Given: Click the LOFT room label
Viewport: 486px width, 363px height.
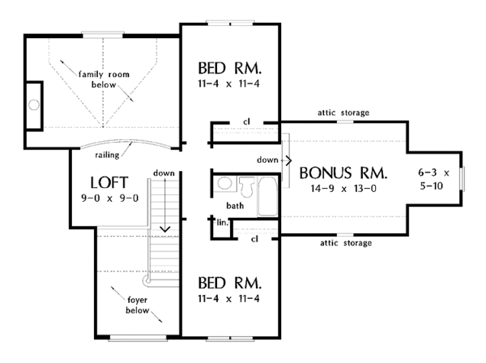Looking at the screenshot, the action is point(109,182).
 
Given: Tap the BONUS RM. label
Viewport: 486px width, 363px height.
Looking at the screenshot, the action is point(343,173).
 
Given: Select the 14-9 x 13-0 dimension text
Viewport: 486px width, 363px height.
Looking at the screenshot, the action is point(343,189).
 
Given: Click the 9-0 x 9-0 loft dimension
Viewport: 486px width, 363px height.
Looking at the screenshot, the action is point(109,198).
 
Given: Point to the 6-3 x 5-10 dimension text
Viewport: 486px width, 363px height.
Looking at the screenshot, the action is point(433,179).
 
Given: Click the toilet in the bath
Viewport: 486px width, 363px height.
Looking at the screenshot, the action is point(247,186).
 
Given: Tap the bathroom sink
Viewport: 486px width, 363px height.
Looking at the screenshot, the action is point(224,183).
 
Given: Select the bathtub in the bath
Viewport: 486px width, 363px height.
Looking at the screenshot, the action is point(267,196).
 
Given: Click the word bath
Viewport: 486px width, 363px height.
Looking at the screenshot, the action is point(235,206).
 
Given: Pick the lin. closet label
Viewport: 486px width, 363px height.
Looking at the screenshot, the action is point(222,222).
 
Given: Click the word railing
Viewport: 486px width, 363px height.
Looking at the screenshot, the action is point(107,155).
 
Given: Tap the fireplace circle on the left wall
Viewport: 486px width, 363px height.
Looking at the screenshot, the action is point(34,105).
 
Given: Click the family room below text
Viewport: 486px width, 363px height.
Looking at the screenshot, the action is point(104,79).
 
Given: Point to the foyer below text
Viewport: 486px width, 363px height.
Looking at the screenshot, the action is point(138,305).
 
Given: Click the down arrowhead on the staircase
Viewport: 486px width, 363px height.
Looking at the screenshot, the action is point(165,229).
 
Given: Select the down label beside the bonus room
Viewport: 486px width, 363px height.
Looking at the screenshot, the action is point(267,160).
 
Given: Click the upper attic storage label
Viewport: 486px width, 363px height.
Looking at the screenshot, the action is point(343,113).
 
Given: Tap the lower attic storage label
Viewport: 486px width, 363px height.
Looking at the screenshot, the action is point(346,243).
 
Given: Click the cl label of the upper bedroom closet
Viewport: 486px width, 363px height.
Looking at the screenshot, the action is point(246,122).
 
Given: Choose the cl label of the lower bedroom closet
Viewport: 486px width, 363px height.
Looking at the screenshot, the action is point(254,239).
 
